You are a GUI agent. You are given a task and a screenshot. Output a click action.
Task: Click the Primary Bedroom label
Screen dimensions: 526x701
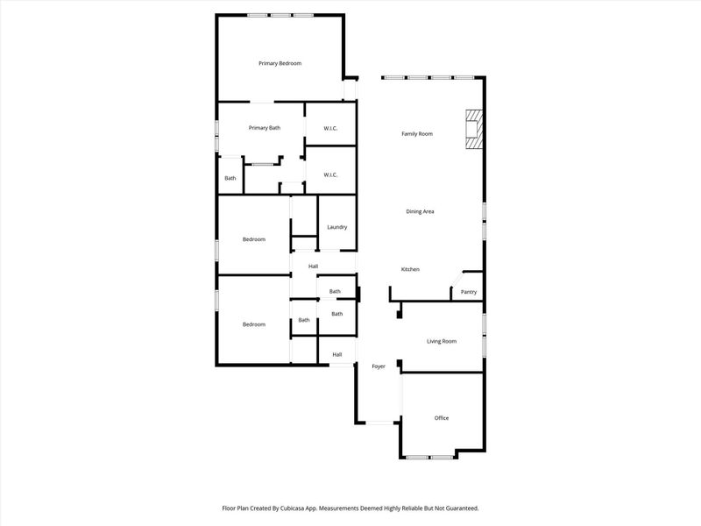(280, 63)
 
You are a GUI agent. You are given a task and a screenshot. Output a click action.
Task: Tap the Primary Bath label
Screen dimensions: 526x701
(264, 128)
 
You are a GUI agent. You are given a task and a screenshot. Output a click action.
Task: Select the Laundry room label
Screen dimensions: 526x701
(336, 227)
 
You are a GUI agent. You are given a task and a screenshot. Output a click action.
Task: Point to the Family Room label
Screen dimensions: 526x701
(417, 133)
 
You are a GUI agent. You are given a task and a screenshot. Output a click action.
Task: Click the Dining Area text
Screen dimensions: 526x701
(420, 211)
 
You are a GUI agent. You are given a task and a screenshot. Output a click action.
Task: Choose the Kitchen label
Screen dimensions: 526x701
(410, 269)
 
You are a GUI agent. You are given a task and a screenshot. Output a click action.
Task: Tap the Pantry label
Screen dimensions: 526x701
(469, 292)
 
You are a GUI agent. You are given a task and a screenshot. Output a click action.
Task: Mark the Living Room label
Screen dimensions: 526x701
(442, 341)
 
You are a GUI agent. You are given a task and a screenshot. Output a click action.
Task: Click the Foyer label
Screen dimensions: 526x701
(379, 366)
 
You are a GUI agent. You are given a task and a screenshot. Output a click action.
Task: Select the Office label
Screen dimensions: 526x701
(442, 417)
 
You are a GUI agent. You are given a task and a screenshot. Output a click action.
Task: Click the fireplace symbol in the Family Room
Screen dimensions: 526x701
(473, 128)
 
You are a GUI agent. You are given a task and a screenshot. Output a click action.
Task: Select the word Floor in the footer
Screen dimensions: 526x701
(230, 508)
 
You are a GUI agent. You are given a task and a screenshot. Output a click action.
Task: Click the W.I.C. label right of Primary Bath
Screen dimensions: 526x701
(330, 129)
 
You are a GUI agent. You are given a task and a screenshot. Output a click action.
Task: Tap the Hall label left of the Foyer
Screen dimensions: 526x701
(336, 354)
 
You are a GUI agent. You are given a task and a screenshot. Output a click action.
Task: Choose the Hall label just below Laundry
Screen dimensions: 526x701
(313, 267)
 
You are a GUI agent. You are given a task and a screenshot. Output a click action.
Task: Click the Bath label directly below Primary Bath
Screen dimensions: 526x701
(230, 179)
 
